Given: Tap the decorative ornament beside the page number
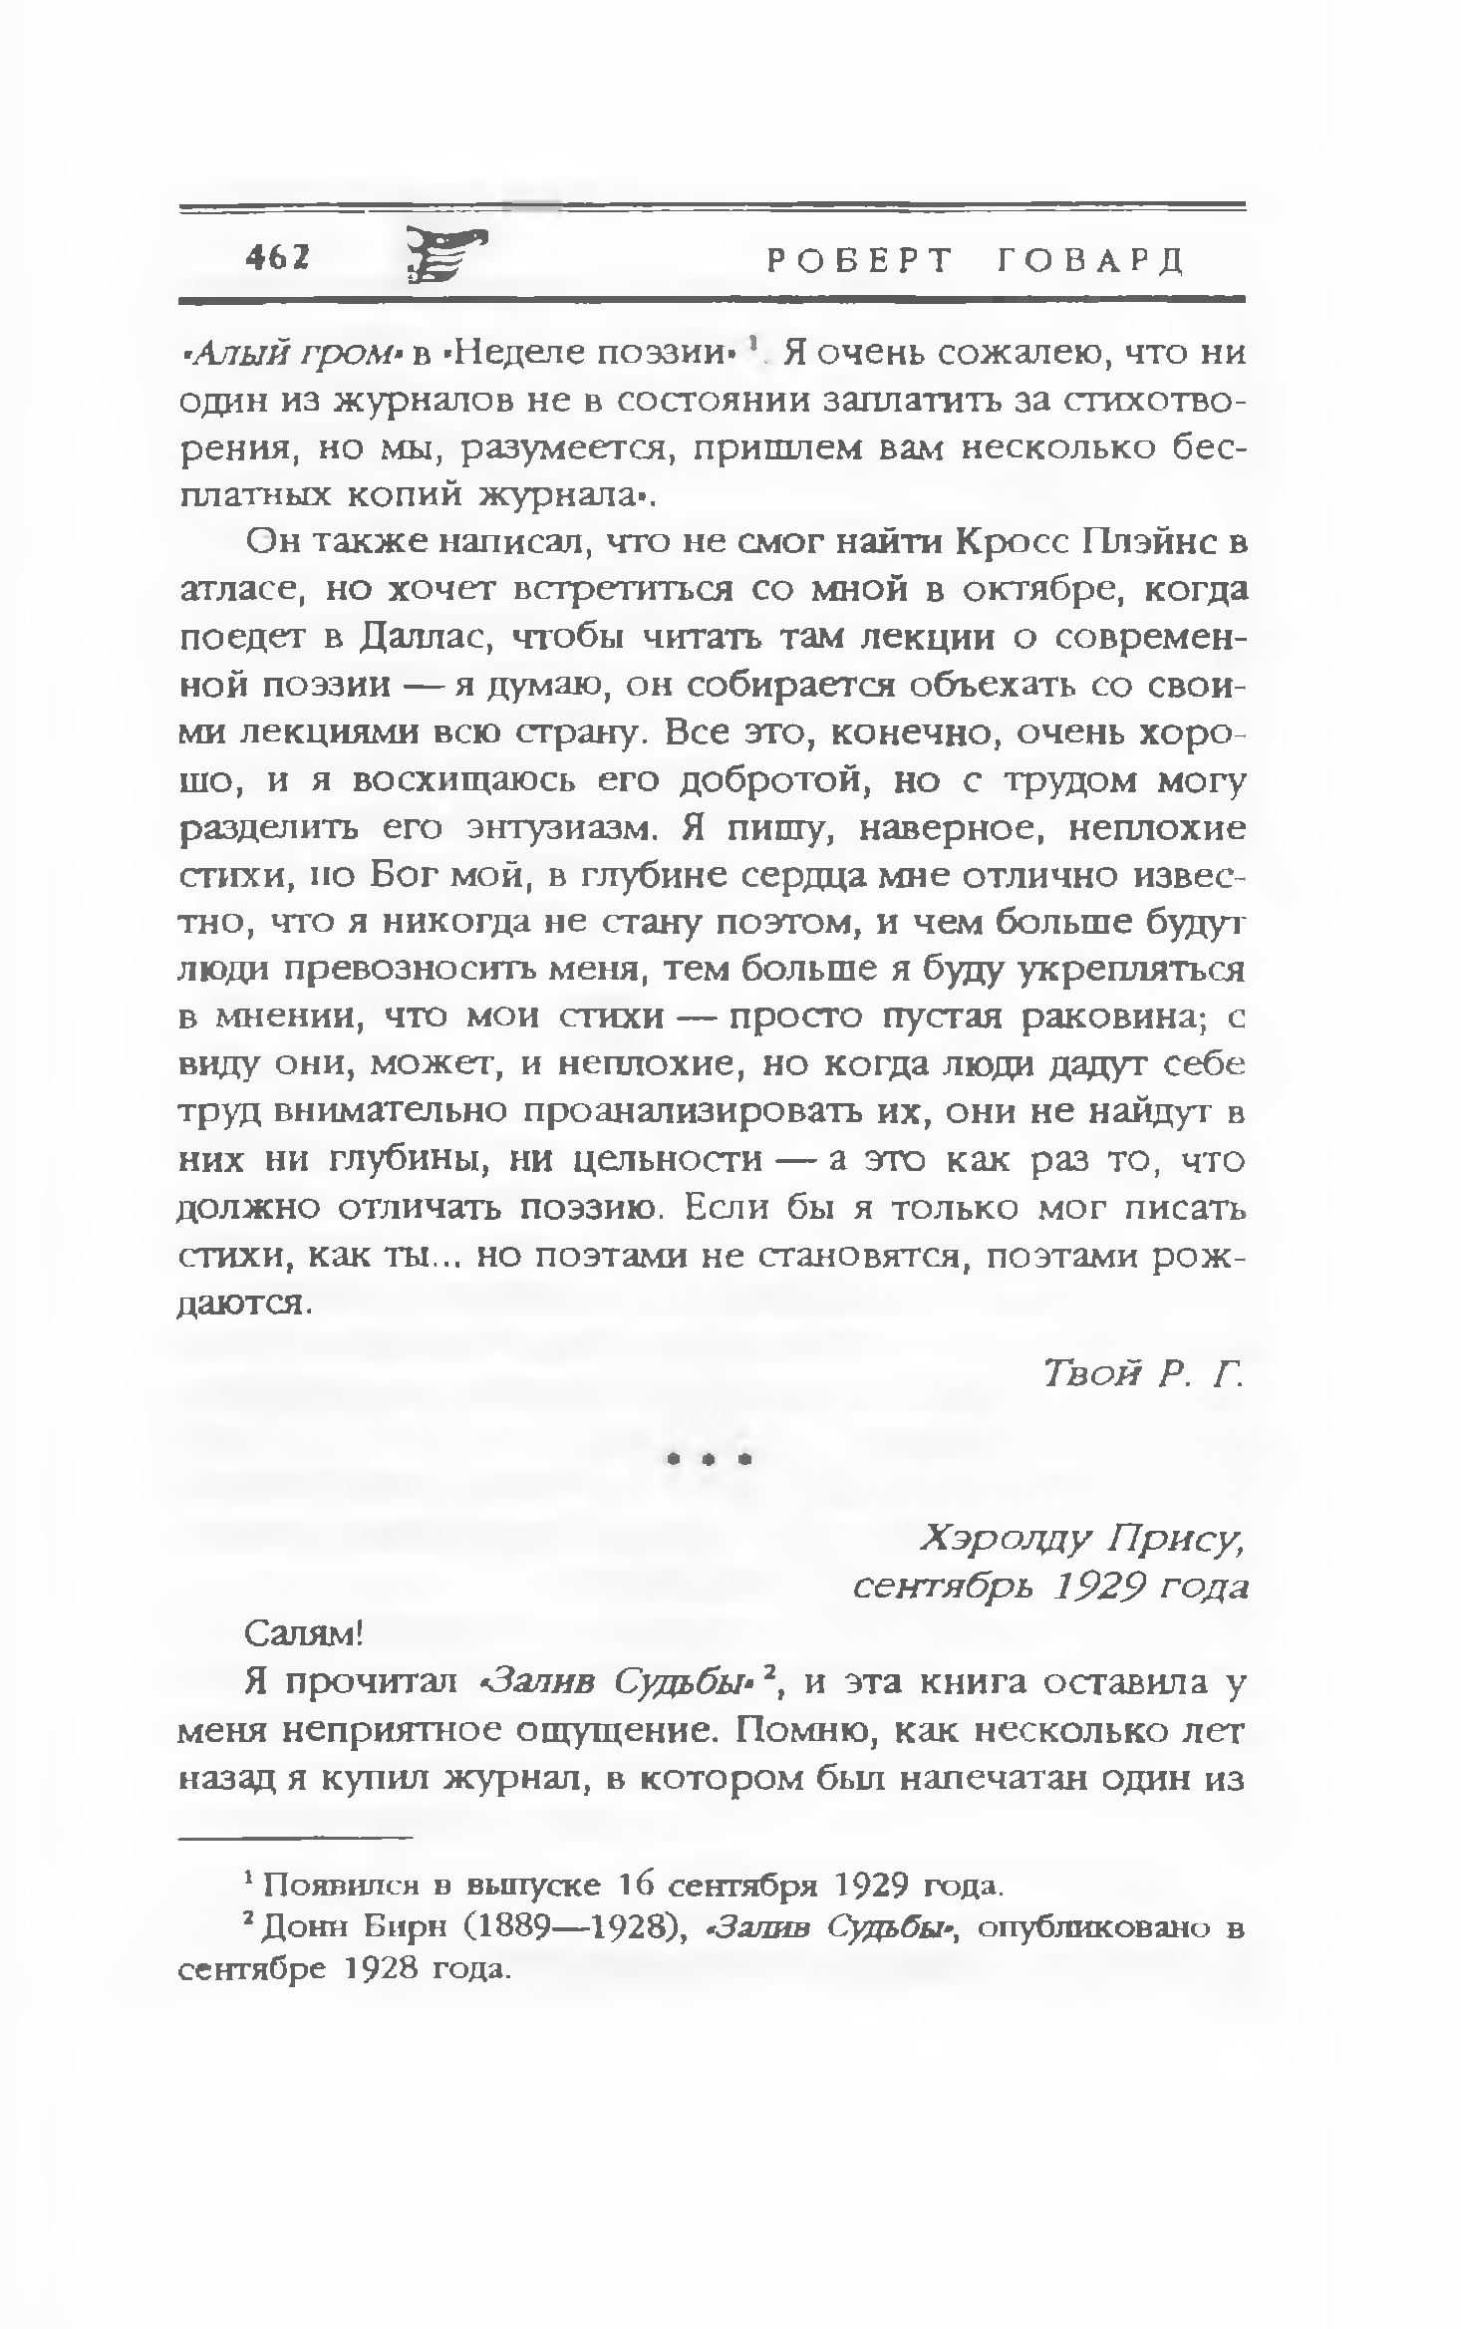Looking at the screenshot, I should click(446, 256).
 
